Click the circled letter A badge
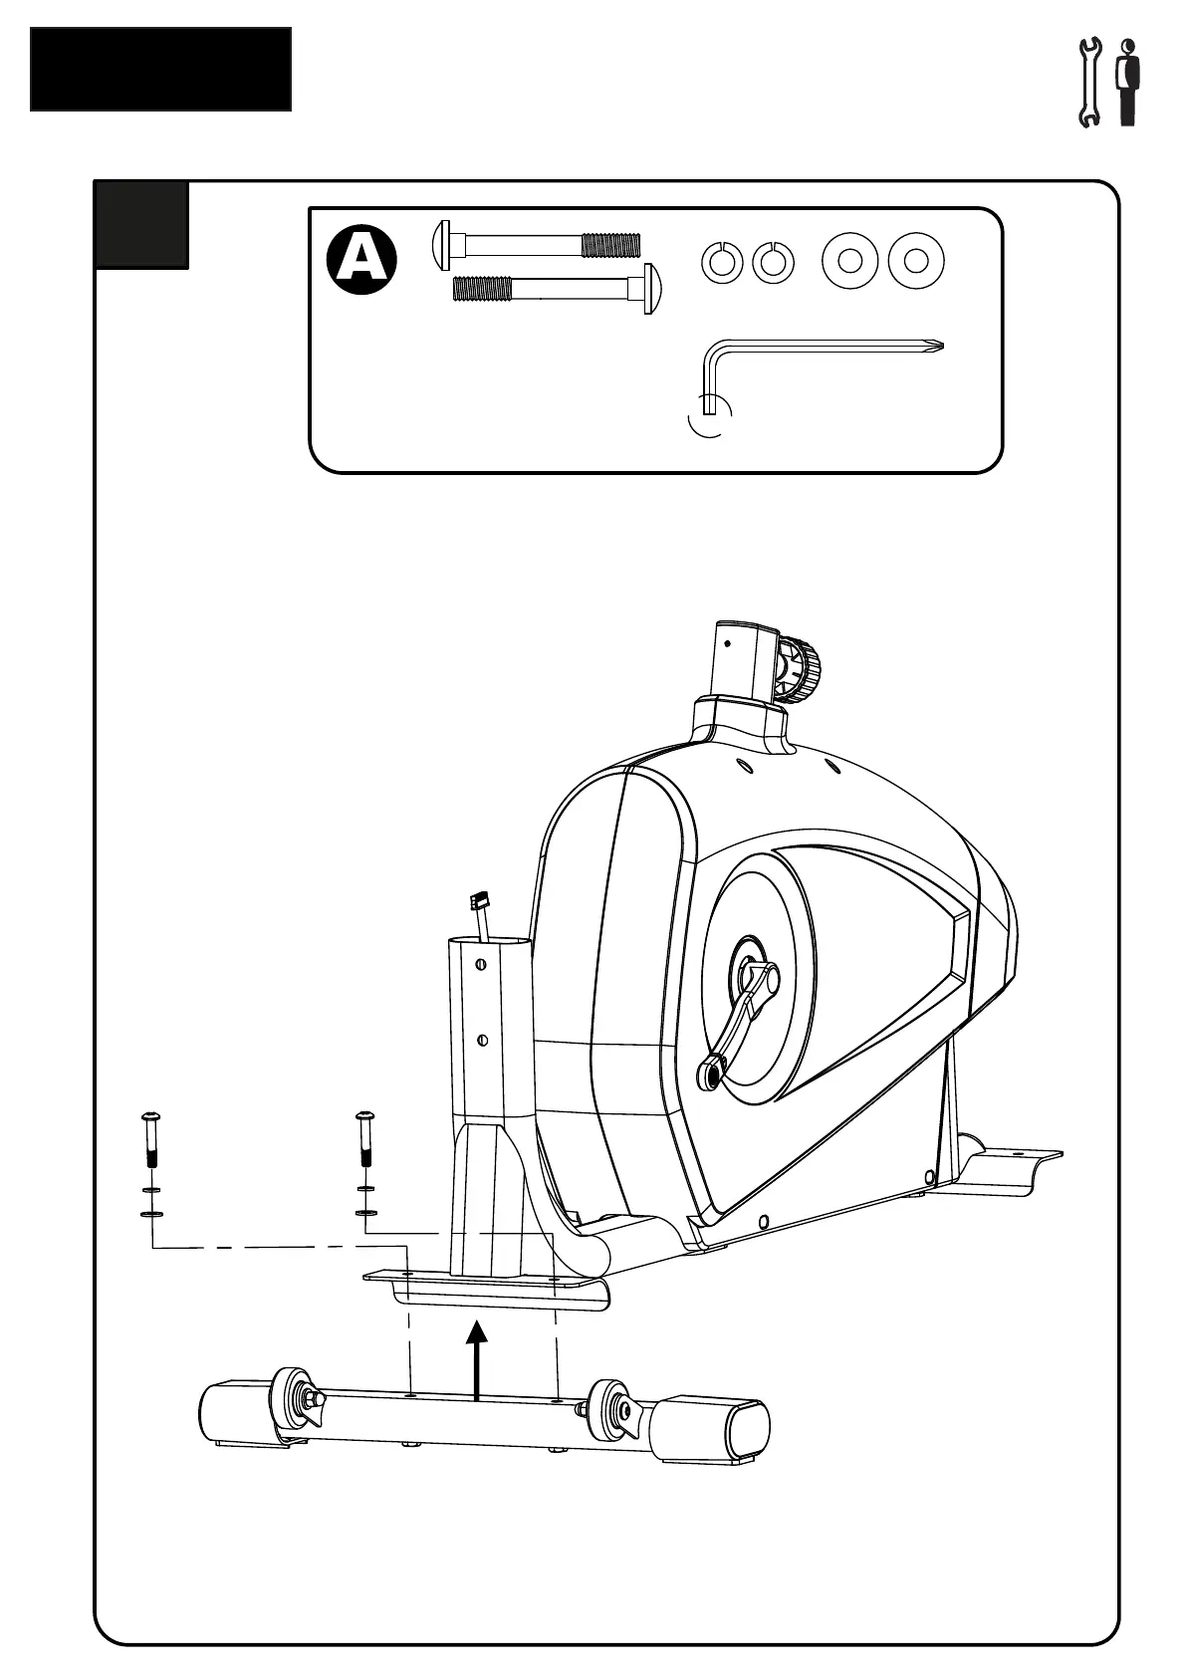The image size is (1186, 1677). [360, 260]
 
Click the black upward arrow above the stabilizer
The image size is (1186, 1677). [478, 1359]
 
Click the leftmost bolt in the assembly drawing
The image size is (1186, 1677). [151, 1139]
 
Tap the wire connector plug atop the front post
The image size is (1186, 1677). [479, 902]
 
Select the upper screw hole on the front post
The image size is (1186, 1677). [481, 963]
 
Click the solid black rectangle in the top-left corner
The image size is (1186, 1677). [160, 69]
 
